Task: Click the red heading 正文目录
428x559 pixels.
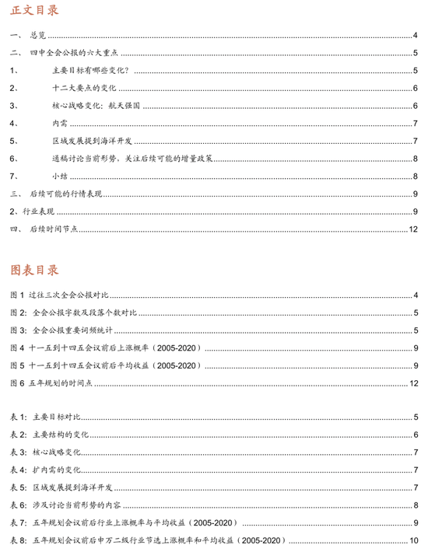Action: point(33,11)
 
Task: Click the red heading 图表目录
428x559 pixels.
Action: point(33,270)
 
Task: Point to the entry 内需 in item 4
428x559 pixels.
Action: point(59,124)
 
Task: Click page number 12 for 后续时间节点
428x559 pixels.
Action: point(413,229)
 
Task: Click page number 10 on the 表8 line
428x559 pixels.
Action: point(413,540)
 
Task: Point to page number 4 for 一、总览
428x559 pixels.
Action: point(416,36)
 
